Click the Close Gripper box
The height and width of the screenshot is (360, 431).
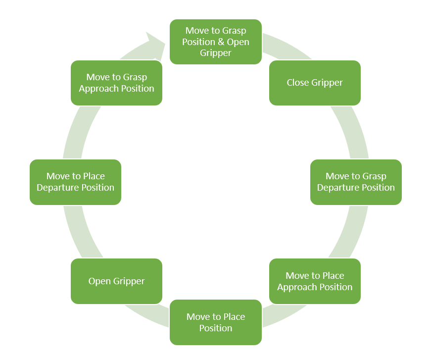(x=315, y=83)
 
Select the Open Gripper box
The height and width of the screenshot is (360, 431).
(x=116, y=281)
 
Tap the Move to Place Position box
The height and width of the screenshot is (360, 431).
(x=216, y=322)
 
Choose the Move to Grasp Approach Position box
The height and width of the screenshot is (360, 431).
(x=116, y=83)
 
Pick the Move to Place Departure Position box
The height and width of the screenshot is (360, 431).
(x=75, y=182)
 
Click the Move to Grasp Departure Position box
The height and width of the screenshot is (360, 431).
(x=356, y=182)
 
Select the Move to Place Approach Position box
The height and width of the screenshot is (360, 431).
(x=315, y=281)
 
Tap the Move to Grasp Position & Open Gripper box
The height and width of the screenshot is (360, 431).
(x=216, y=42)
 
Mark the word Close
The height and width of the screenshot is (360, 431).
(x=298, y=83)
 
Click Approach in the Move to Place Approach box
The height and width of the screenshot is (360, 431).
(x=296, y=287)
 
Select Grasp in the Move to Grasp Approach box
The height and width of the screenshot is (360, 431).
(x=135, y=77)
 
